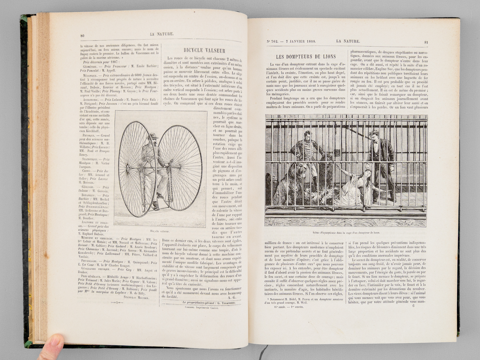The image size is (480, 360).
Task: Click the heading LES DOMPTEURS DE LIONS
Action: click(306, 56)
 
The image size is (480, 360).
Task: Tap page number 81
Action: click(426, 42)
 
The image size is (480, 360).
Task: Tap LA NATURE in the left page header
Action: click(161, 34)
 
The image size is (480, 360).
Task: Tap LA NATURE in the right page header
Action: click(348, 41)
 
